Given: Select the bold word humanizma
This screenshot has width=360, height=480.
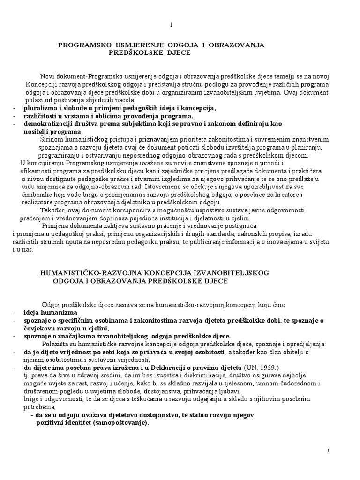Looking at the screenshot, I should (x=60, y=312).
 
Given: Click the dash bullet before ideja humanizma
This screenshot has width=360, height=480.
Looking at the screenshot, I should (x=15, y=312).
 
